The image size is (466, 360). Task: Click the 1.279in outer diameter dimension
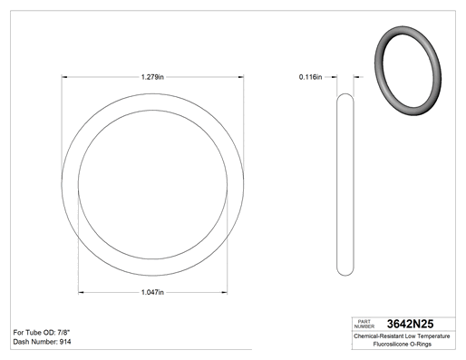pyautogui.click(x=152, y=77)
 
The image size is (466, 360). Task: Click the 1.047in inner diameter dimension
pyautogui.click(x=152, y=292)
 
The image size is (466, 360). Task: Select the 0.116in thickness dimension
pyautogui.click(x=310, y=77)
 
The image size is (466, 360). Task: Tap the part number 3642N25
pyautogui.click(x=410, y=324)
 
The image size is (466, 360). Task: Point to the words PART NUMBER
pyautogui.click(x=364, y=324)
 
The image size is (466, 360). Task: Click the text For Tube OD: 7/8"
pyautogui.click(x=42, y=333)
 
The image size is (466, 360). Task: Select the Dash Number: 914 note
pyautogui.click(x=42, y=342)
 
